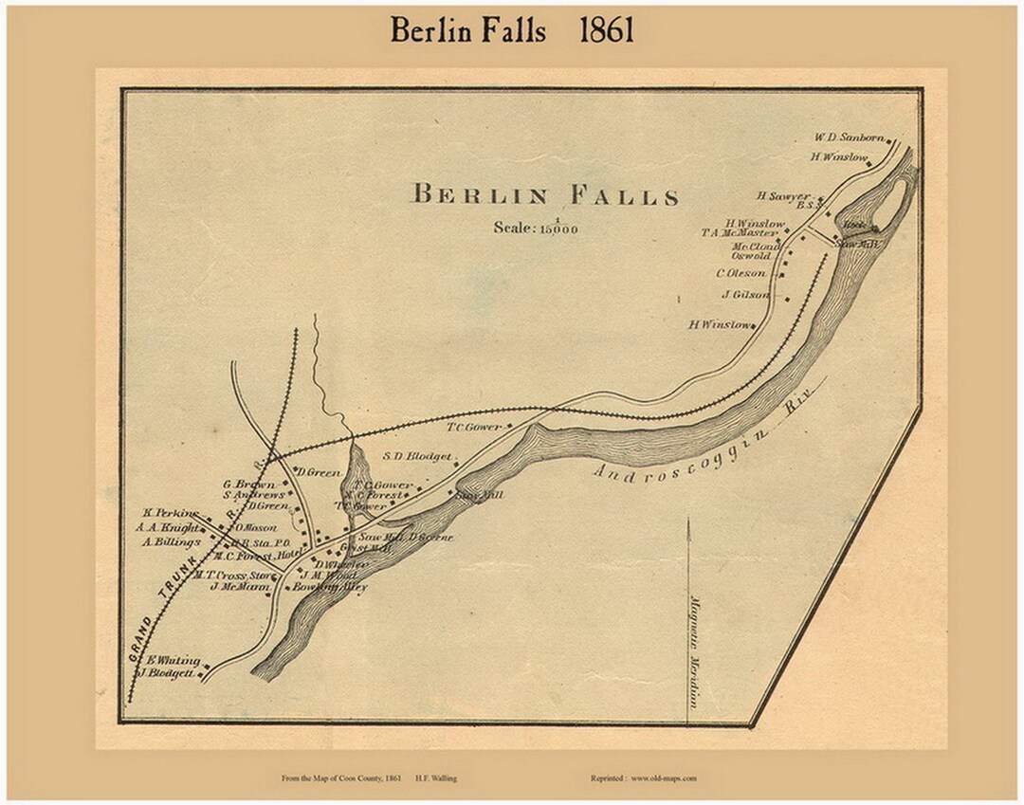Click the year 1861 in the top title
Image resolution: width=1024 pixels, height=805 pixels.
click(x=606, y=30)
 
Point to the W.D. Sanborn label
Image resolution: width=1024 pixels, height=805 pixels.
click(x=849, y=137)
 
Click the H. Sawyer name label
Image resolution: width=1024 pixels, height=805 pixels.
click(x=782, y=196)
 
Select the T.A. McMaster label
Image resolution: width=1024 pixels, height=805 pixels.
click(x=739, y=232)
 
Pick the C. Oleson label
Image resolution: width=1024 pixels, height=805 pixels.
click(x=741, y=274)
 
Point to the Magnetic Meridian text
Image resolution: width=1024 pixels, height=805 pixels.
click(x=694, y=651)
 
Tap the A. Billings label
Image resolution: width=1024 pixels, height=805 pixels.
click(x=172, y=542)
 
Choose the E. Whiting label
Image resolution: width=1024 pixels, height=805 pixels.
click(x=172, y=660)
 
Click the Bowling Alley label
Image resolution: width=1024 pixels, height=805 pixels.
click(x=329, y=587)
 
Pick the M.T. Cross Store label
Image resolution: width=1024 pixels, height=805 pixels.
click(x=233, y=575)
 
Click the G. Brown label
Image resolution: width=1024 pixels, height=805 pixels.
click(x=248, y=484)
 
